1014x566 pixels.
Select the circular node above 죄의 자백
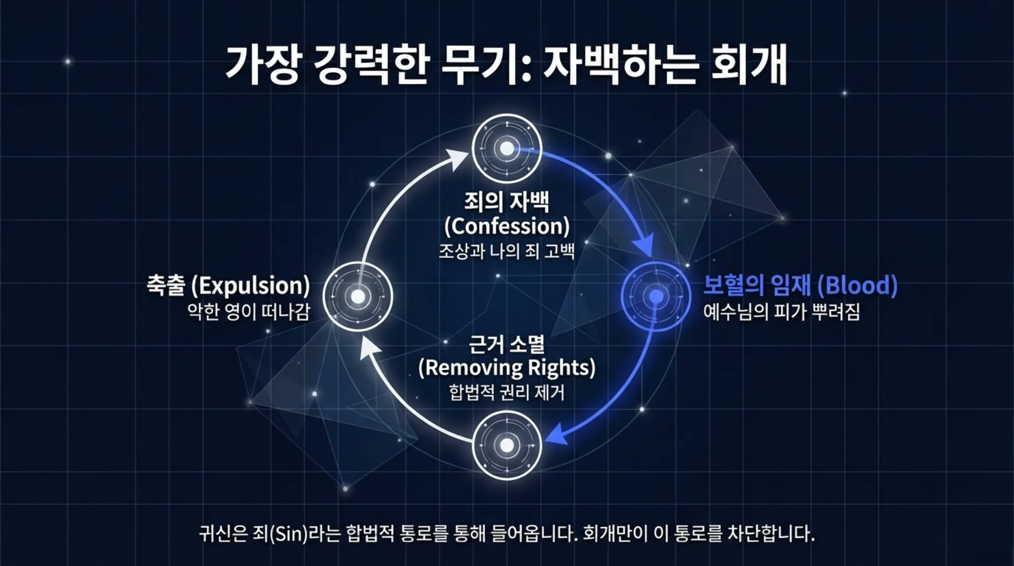tap(506, 149)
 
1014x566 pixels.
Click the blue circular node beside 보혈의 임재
tap(656, 296)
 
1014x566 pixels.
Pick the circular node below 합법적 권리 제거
tap(506, 445)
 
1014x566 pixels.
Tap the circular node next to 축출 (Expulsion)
tap(358, 296)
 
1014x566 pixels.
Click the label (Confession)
tap(506, 226)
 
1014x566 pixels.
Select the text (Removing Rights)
tap(506, 367)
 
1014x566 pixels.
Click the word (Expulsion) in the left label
tap(250, 285)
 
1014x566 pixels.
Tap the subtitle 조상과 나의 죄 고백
tap(506, 250)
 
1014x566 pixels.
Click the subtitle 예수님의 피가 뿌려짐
tap(781, 312)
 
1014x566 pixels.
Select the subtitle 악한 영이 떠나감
tap(248, 312)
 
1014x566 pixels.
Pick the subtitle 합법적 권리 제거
tap(506, 392)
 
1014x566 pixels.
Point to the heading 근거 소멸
tap(506, 345)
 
